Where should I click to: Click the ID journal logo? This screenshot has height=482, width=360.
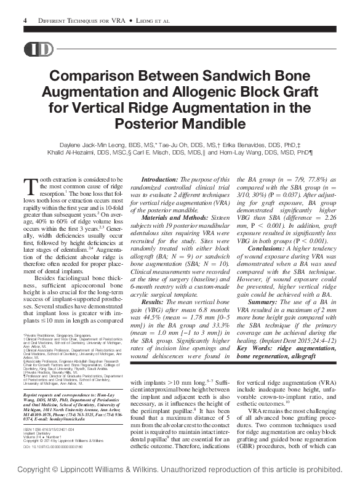point(38,50)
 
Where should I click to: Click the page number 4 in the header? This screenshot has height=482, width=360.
point(25,21)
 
